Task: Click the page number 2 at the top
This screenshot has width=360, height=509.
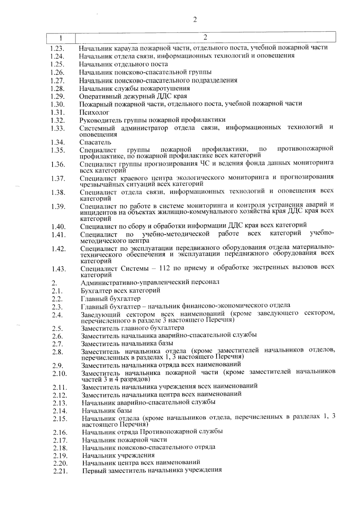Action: pyautogui.click(x=195, y=20)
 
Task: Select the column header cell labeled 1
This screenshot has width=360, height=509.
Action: pyautogui.click(x=61, y=38)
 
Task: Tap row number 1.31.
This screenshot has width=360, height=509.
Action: pyautogui.click(x=58, y=112)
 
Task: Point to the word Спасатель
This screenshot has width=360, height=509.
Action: pyautogui.click(x=95, y=142)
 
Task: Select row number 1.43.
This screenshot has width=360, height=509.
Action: pyautogui.click(x=58, y=269)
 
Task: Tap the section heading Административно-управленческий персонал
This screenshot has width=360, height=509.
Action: pyautogui.click(x=150, y=282)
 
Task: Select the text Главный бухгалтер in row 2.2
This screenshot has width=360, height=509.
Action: pyautogui.click(x=110, y=299)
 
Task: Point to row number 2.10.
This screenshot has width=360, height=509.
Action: pyautogui.click(x=59, y=374)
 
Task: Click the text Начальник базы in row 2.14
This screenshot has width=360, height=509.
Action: pyautogui.click(x=107, y=411)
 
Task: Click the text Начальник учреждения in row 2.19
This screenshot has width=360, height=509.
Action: pyautogui.click(x=118, y=455)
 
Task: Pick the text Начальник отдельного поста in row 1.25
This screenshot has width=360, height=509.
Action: pyautogui.click(x=123, y=64)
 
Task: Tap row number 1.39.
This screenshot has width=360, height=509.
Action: pyautogui.click(x=58, y=206)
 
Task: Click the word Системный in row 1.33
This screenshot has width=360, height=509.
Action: pyautogui.click(x=95, y=128)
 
